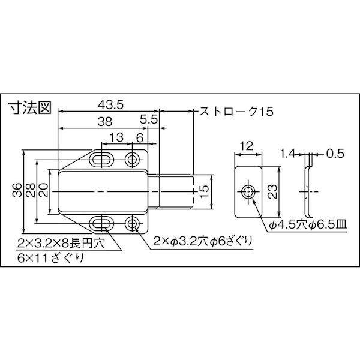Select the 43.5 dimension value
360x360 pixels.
pyautogui.click(x=110, y=104)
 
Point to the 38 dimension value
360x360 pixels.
pyautogui.click(x=104, y=121)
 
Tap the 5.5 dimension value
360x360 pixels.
pyautogui.click(x=149, y=119)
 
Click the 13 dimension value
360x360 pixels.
pyautogui.click(x=116, y=138)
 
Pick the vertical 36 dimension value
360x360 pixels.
pyautogui.click(x=17, y=190)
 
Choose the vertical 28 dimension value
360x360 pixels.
pyautogui.click(x=31, y=190)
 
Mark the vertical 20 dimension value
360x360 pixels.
pyautogui.click(x=44, y=190)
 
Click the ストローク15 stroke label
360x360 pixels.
pyautogui.click(x=236, y=112)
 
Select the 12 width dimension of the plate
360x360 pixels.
pyautogui.click(x=247, y=146)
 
